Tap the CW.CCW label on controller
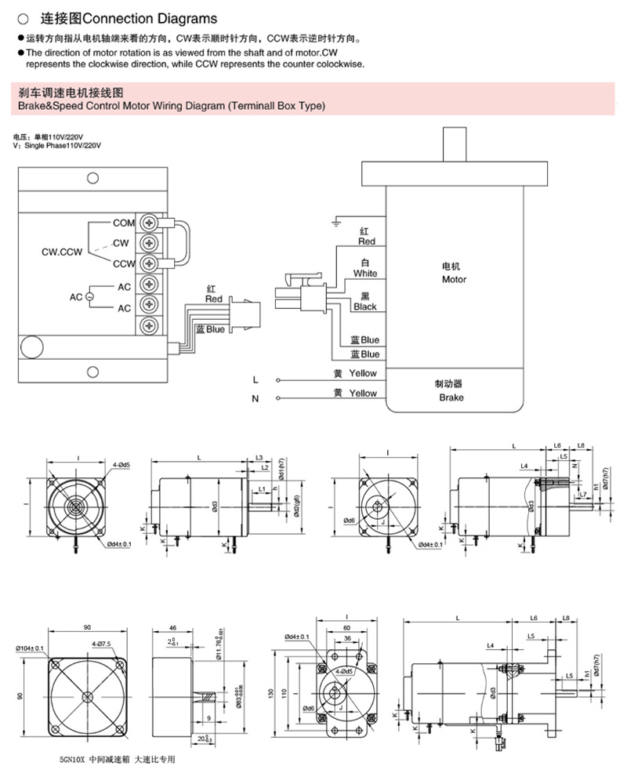click(62, 253)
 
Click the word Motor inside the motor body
click(454, 279)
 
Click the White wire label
click(364, 274)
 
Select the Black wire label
click(364, 307)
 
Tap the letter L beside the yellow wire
click(255, 379)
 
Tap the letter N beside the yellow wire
click(255, 399)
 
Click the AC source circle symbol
click(89, 297)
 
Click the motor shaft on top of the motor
click(455, 142)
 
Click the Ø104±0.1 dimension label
click(29, 648)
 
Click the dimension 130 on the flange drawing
click(270, 693)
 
